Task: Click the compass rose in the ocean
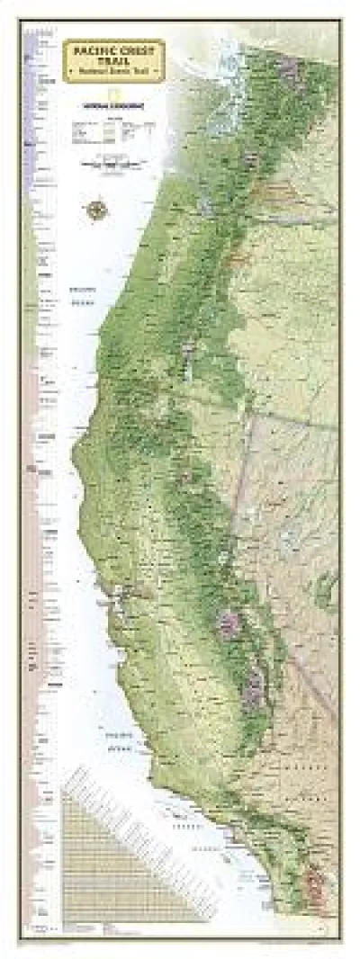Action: click(x=97, y=210)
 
